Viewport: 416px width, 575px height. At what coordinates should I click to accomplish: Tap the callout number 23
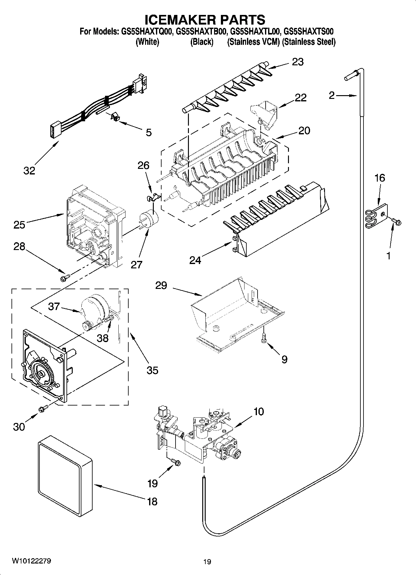(x=298, y=62)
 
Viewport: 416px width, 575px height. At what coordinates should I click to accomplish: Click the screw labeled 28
(x=65, y=276)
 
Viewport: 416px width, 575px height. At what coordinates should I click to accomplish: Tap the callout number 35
(x=153, y=370)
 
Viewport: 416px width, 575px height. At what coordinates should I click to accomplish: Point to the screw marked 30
(x=43, y=409)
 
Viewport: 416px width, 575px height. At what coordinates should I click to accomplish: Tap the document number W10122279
(x=32, y=561)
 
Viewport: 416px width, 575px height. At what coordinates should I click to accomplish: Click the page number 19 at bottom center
(x=207, y=562)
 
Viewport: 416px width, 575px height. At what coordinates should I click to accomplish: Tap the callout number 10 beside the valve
(x=258, y=411)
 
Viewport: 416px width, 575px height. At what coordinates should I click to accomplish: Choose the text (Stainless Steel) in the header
(x=309, y=42)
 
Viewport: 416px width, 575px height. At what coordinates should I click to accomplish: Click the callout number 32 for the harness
(x=29, y=170)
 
